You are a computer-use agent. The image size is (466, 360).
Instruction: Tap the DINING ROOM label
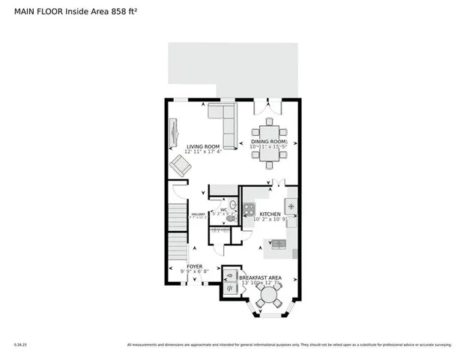[268, 142]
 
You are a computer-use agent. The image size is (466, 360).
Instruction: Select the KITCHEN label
[270, 214]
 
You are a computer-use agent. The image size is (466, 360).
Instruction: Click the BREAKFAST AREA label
[260, 277]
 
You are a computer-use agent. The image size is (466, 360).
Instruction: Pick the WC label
[223, 210]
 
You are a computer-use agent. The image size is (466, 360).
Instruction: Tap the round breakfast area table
[267, 295]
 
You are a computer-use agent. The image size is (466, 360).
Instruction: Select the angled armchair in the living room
[180, 166]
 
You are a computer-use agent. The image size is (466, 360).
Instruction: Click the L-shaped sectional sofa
[223, 120]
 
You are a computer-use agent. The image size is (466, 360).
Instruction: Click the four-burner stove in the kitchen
[249, 210]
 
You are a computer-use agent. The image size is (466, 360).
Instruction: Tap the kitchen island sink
[278, 243]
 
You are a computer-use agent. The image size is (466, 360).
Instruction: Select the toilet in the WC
[230, 218]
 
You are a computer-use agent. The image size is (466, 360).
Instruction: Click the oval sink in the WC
[232, 203]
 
